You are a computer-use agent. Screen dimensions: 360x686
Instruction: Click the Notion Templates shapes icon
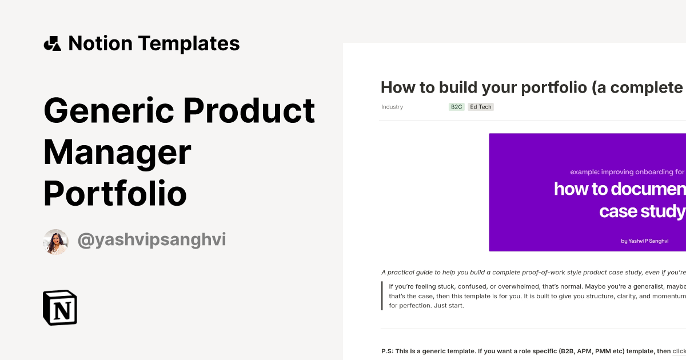52,43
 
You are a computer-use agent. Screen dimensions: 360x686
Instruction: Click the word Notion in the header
99,43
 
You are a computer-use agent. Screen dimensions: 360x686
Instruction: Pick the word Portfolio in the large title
115,193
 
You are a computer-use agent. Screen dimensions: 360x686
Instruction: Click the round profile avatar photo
55,241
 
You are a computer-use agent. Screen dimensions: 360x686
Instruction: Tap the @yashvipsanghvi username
151,241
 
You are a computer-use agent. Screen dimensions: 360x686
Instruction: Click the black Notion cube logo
60,307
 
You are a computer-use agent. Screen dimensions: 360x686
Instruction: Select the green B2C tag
456,107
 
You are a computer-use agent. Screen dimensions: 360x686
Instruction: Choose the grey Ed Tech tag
481,107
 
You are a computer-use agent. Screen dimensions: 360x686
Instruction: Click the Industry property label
392,107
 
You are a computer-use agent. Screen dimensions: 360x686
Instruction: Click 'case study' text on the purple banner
641,211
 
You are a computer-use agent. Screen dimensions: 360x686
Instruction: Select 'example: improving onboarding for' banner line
627,171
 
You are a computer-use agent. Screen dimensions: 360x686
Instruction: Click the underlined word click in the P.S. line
679,351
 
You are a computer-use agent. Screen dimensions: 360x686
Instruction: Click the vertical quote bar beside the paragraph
382,296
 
